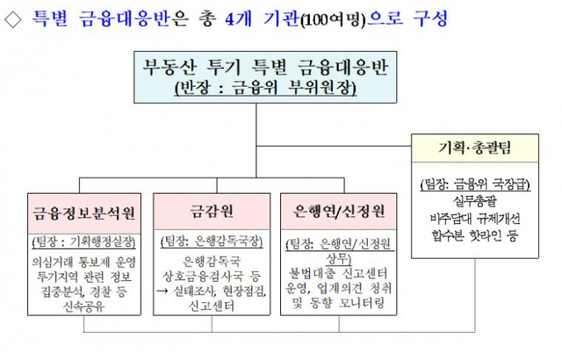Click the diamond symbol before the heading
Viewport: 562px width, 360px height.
tap(14, 17)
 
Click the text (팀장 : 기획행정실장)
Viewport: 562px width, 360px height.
tap(83, 241)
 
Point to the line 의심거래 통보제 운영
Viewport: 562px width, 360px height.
tap(83, 261)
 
